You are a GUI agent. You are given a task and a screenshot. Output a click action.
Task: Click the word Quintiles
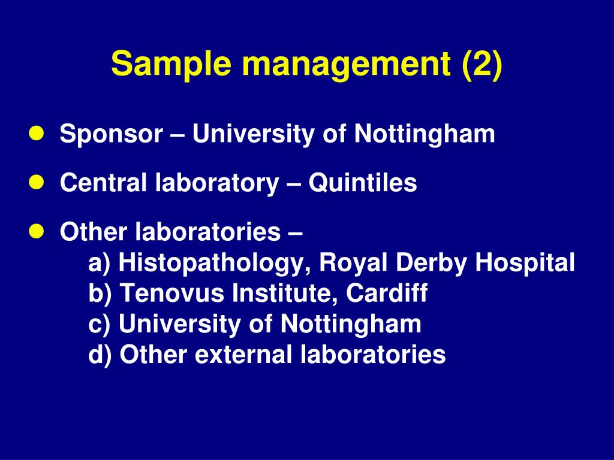(x=363, y=183)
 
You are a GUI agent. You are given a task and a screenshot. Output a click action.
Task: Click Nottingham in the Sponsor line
(x=425, y=135)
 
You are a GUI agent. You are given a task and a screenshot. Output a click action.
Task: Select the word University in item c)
(x=177, y=325)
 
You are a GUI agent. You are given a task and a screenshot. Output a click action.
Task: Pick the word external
(x=242, y=355)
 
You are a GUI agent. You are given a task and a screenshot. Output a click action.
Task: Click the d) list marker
(x=101, y=355)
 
